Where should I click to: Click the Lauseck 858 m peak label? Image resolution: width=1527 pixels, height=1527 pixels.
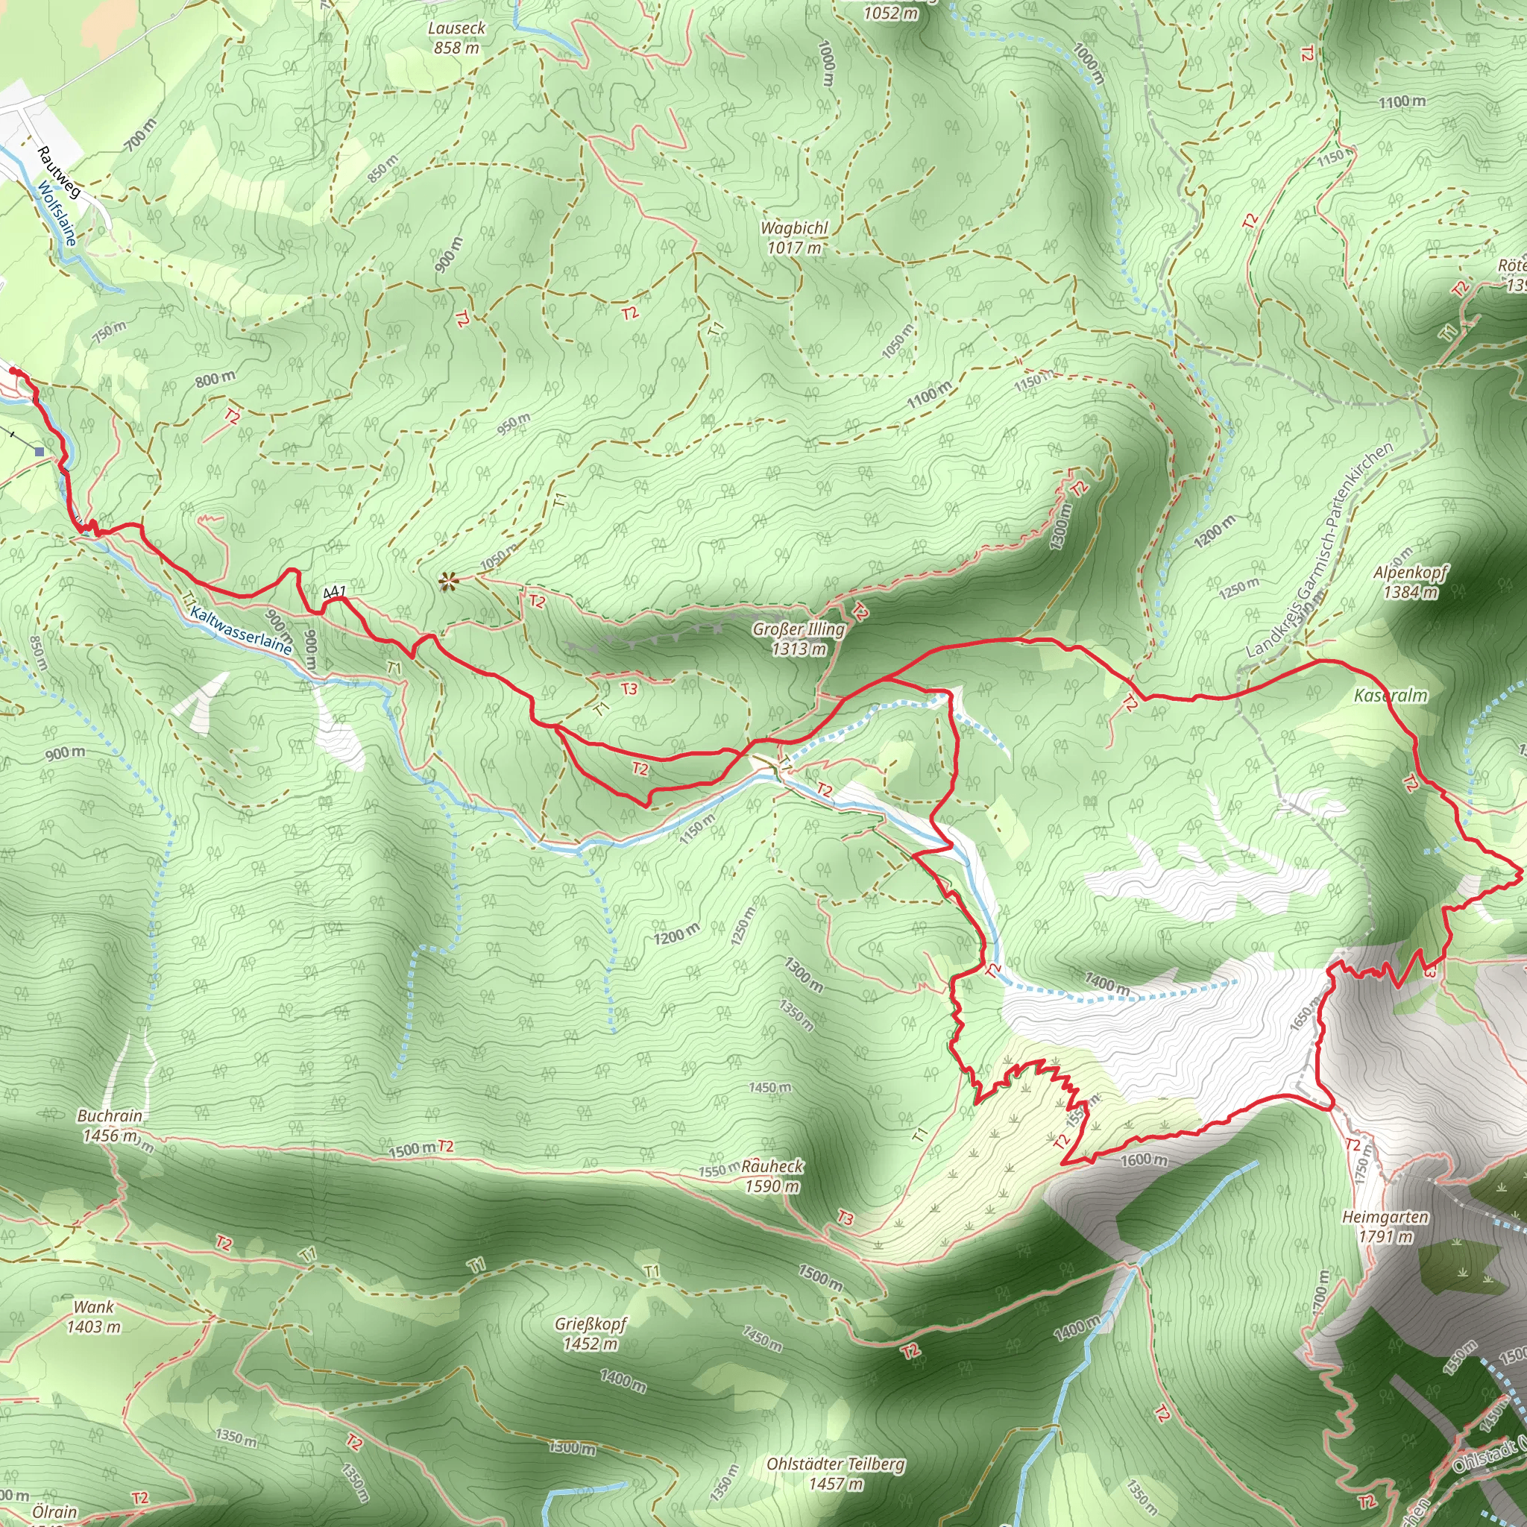pyautogui.click(x=456, y=37)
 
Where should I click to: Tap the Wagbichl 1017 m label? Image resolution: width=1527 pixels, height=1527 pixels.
pyautogui.click(x=794, y=237)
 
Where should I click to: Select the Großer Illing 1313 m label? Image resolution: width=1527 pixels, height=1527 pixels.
pyautogui.click(x=799, y=639)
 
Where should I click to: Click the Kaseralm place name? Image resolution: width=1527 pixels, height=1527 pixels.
pyautogui.click(x=1391, y=696)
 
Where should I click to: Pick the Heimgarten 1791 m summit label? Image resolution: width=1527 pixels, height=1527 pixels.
pyautogui.click(x=1385, y=1226)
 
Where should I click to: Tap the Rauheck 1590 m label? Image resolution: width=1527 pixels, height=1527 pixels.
pyautogui.click(x=772, y=1176)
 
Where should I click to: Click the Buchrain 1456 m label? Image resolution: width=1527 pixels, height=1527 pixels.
pyautogui.click(x=110, y=1125)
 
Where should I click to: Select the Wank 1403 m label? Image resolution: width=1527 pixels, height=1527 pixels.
pyautogui.click(x=93, y=1317)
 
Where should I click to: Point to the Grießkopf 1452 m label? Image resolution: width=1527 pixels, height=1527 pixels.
pyautogui.click(x=591, y=1333)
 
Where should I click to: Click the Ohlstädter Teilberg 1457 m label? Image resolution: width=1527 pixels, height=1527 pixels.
pyautogui.click(x=835, y=1474)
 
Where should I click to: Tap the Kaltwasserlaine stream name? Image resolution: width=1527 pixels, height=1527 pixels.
pyautogui.click(x=240, y=630)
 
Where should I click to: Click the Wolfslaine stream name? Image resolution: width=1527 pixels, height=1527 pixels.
pyautogui.click(x=57, y=213)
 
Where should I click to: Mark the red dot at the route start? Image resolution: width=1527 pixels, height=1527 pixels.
pyautogui.click(x=14, y=370)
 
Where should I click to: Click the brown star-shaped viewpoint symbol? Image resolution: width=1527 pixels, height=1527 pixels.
pyautogui.click(x=449, y=583)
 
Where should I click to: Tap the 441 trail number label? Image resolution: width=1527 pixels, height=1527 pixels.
pyautogui.click(x=334, y=592)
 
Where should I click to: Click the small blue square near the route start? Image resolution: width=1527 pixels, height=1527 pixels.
pyautogui.click(x=40, y=451)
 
